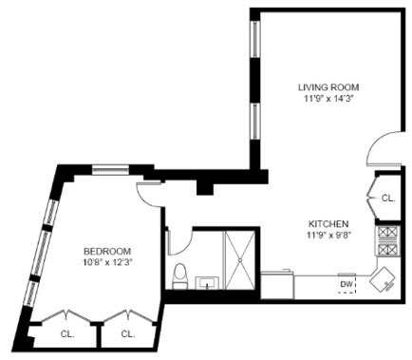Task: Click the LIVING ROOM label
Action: click(328, 86)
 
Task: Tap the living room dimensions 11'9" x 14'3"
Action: click(328, 99)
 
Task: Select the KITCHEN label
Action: click(328, 224)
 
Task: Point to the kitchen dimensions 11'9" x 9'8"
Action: click(328, 236)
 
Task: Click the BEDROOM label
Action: click(107, 251)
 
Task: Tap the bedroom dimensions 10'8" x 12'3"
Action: click(107, 262)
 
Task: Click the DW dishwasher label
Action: click(346, 284)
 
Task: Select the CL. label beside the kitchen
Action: click(388, 199)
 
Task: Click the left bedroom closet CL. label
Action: click(67, 333)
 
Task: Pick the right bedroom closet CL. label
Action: click(128, 333)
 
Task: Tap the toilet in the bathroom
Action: click(180, 276)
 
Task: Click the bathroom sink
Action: click(207, 283)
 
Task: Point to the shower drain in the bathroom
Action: click(240, 260)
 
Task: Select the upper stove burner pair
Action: click(388, 233)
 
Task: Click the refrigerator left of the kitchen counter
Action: click(277, 285)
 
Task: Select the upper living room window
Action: click(255, 39)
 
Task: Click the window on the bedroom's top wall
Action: click(110, 170)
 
